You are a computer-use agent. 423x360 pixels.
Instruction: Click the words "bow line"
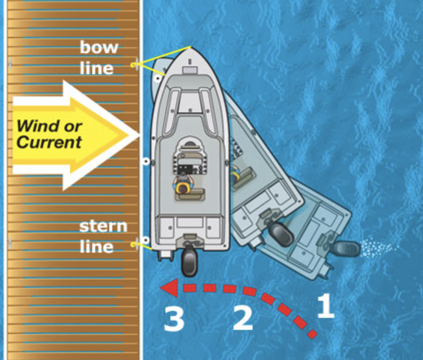[99, 58]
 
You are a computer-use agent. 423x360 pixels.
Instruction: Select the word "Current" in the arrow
[49, 142]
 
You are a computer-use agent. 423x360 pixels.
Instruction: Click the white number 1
[326, 306]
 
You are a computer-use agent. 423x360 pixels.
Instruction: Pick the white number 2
[243, 318]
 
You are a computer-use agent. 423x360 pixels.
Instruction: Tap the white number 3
[173, 319]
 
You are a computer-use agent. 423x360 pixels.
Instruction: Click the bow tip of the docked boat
[190, 48]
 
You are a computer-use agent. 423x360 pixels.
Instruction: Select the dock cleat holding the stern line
[134, 244]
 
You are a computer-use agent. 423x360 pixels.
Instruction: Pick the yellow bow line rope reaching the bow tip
[165, 55]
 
